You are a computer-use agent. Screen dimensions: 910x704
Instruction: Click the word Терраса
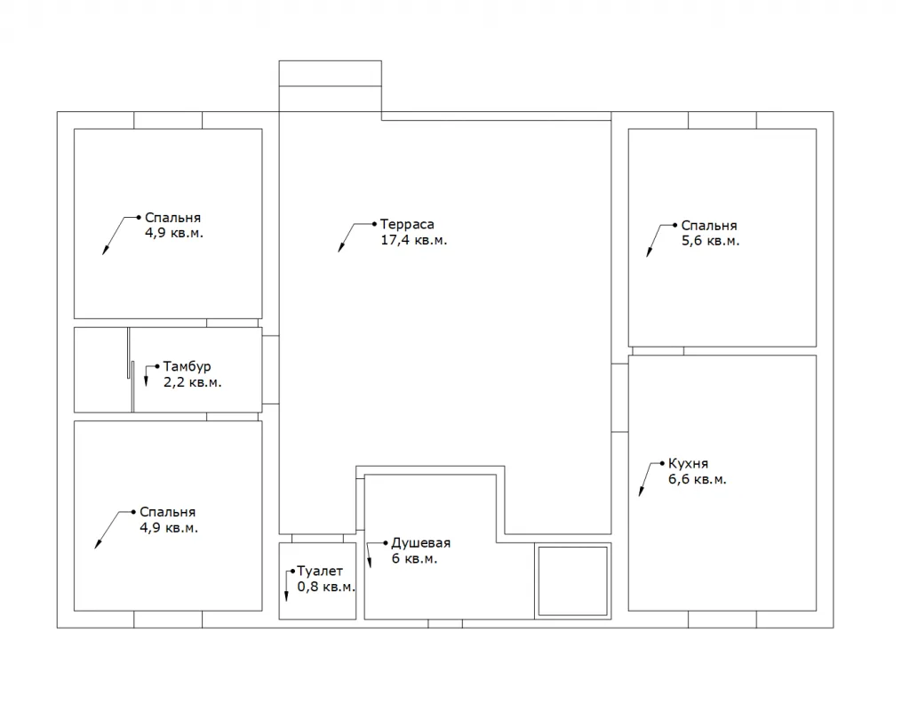407,225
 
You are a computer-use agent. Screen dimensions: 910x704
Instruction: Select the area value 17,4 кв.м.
414,240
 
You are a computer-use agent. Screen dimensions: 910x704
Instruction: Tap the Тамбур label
187,367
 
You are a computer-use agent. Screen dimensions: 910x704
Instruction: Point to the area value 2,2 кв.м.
192,382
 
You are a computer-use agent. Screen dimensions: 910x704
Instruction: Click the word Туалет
320,572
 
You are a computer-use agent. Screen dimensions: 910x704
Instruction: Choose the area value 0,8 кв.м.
326,587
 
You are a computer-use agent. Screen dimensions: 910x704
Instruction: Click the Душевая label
420,543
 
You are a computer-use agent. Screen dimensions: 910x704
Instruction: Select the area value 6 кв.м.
414,559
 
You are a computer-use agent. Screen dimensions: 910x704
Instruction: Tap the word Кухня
689,464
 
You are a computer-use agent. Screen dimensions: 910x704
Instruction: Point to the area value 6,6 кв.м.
697,479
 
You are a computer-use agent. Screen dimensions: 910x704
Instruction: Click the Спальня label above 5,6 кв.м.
708,226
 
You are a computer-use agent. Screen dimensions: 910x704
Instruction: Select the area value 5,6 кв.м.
710,241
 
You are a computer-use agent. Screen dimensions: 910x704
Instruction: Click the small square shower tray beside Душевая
573,581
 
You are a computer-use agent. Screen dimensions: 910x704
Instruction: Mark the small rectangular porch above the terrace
331,86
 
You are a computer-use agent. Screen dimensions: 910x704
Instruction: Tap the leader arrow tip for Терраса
339,251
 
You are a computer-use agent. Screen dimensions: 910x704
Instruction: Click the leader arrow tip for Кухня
640,495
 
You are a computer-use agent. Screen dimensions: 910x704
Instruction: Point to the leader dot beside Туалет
292,572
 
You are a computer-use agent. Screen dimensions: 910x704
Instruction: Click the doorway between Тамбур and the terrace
270,370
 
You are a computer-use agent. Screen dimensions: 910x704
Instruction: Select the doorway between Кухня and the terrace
619,398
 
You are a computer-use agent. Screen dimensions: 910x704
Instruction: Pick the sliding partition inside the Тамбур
131,370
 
